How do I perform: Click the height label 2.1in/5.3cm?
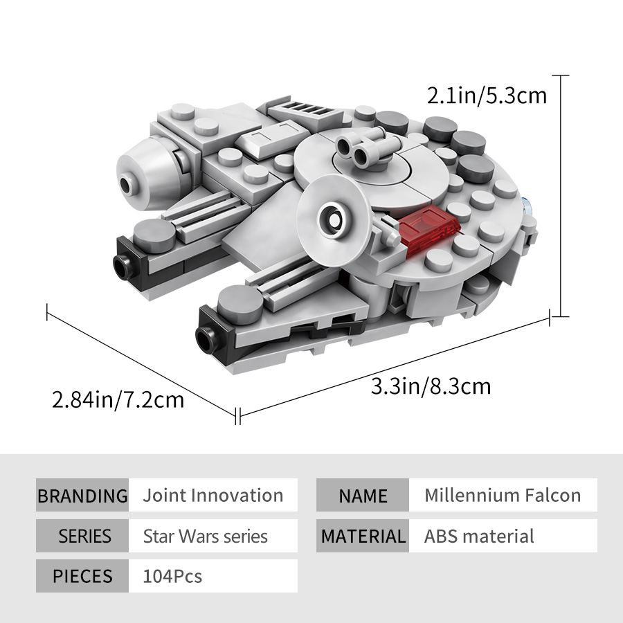click(x=487, y=96)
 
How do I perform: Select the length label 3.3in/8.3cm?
click(x=431, y=386)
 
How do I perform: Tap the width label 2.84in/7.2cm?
click(x=118, y=399)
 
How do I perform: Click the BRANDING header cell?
click(x=82, y=495)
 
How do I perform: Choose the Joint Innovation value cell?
click(x=213, y=495)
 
